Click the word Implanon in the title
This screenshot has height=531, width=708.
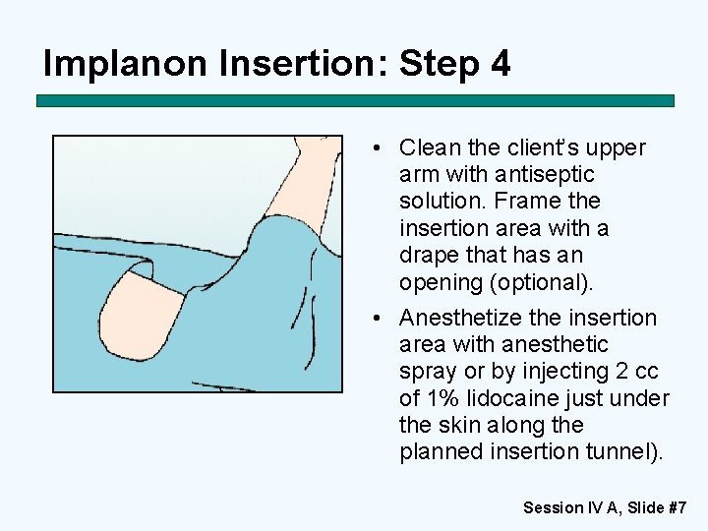[125, 63]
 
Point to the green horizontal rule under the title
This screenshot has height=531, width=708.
[355, 100]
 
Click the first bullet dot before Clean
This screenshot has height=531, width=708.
[377, 147]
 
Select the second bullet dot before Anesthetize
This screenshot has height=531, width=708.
[377, 318]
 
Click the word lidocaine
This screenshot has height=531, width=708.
[512, 398]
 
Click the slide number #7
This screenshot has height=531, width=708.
[678, 507]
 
